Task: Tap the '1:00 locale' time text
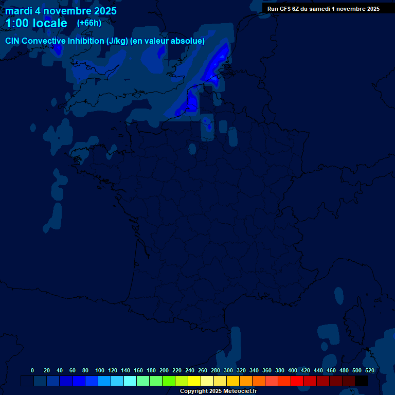tap(36, 23)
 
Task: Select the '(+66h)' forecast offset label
tap(89, 23)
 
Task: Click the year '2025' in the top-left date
tap(103, 11)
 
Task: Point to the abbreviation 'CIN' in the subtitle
tap(13, 41)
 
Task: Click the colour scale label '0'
tap(32, 370)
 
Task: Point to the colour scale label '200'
tap(164, 370)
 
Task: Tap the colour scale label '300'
tap(228, 370)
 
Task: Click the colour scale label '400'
tap(293, 370)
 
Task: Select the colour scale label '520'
tap(369, 370)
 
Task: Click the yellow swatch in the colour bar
tap(194, 381)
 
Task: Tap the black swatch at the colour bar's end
tap(362, 381)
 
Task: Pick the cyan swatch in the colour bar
tap(130, 381)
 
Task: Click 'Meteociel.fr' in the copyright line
tap(240, 391)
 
